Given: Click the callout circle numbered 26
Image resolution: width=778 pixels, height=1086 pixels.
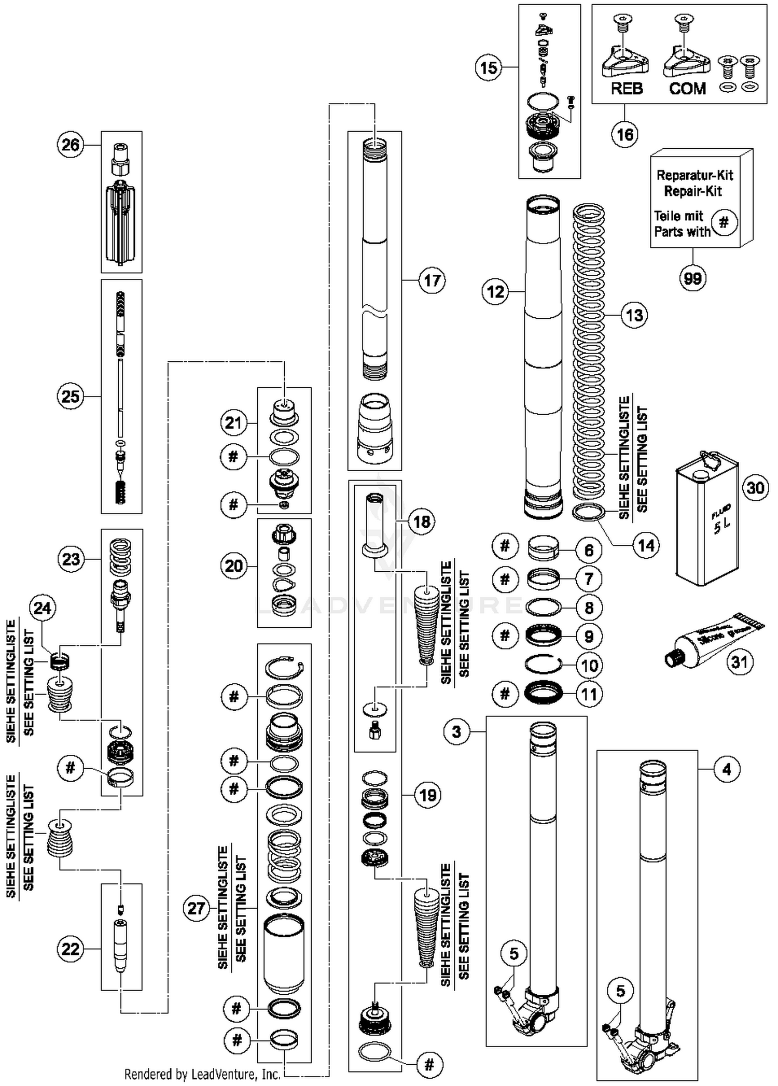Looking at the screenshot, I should click(71, 145).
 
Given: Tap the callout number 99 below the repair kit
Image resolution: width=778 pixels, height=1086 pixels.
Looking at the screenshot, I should click(692, 278).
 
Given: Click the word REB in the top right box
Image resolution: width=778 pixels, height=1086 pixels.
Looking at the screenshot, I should click(627, 89).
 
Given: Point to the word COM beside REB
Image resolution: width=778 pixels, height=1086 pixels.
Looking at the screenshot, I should click(687, 89).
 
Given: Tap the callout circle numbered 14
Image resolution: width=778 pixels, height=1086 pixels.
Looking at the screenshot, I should click(646, 545).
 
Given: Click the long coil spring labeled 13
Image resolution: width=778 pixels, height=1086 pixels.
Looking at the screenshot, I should click(589, 352).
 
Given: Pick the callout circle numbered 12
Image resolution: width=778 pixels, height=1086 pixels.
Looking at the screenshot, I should click(495, 291).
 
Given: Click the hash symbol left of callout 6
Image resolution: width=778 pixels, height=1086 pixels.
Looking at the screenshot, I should click(505, 546).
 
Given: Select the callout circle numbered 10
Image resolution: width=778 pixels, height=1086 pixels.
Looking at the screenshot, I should click(589, 665).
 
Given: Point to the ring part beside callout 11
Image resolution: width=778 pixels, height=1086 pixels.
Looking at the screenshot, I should click(544, 693).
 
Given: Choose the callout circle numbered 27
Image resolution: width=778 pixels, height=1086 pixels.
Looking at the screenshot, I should click(197, 908).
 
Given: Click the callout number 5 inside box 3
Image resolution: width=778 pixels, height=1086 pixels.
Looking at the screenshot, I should click(513, 953).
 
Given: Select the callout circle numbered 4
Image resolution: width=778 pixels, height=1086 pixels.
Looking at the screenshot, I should click(726, 769).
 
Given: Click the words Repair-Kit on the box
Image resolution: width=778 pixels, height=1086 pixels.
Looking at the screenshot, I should click(693, 191).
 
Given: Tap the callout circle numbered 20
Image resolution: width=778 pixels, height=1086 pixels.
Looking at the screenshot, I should click(233, 565).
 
